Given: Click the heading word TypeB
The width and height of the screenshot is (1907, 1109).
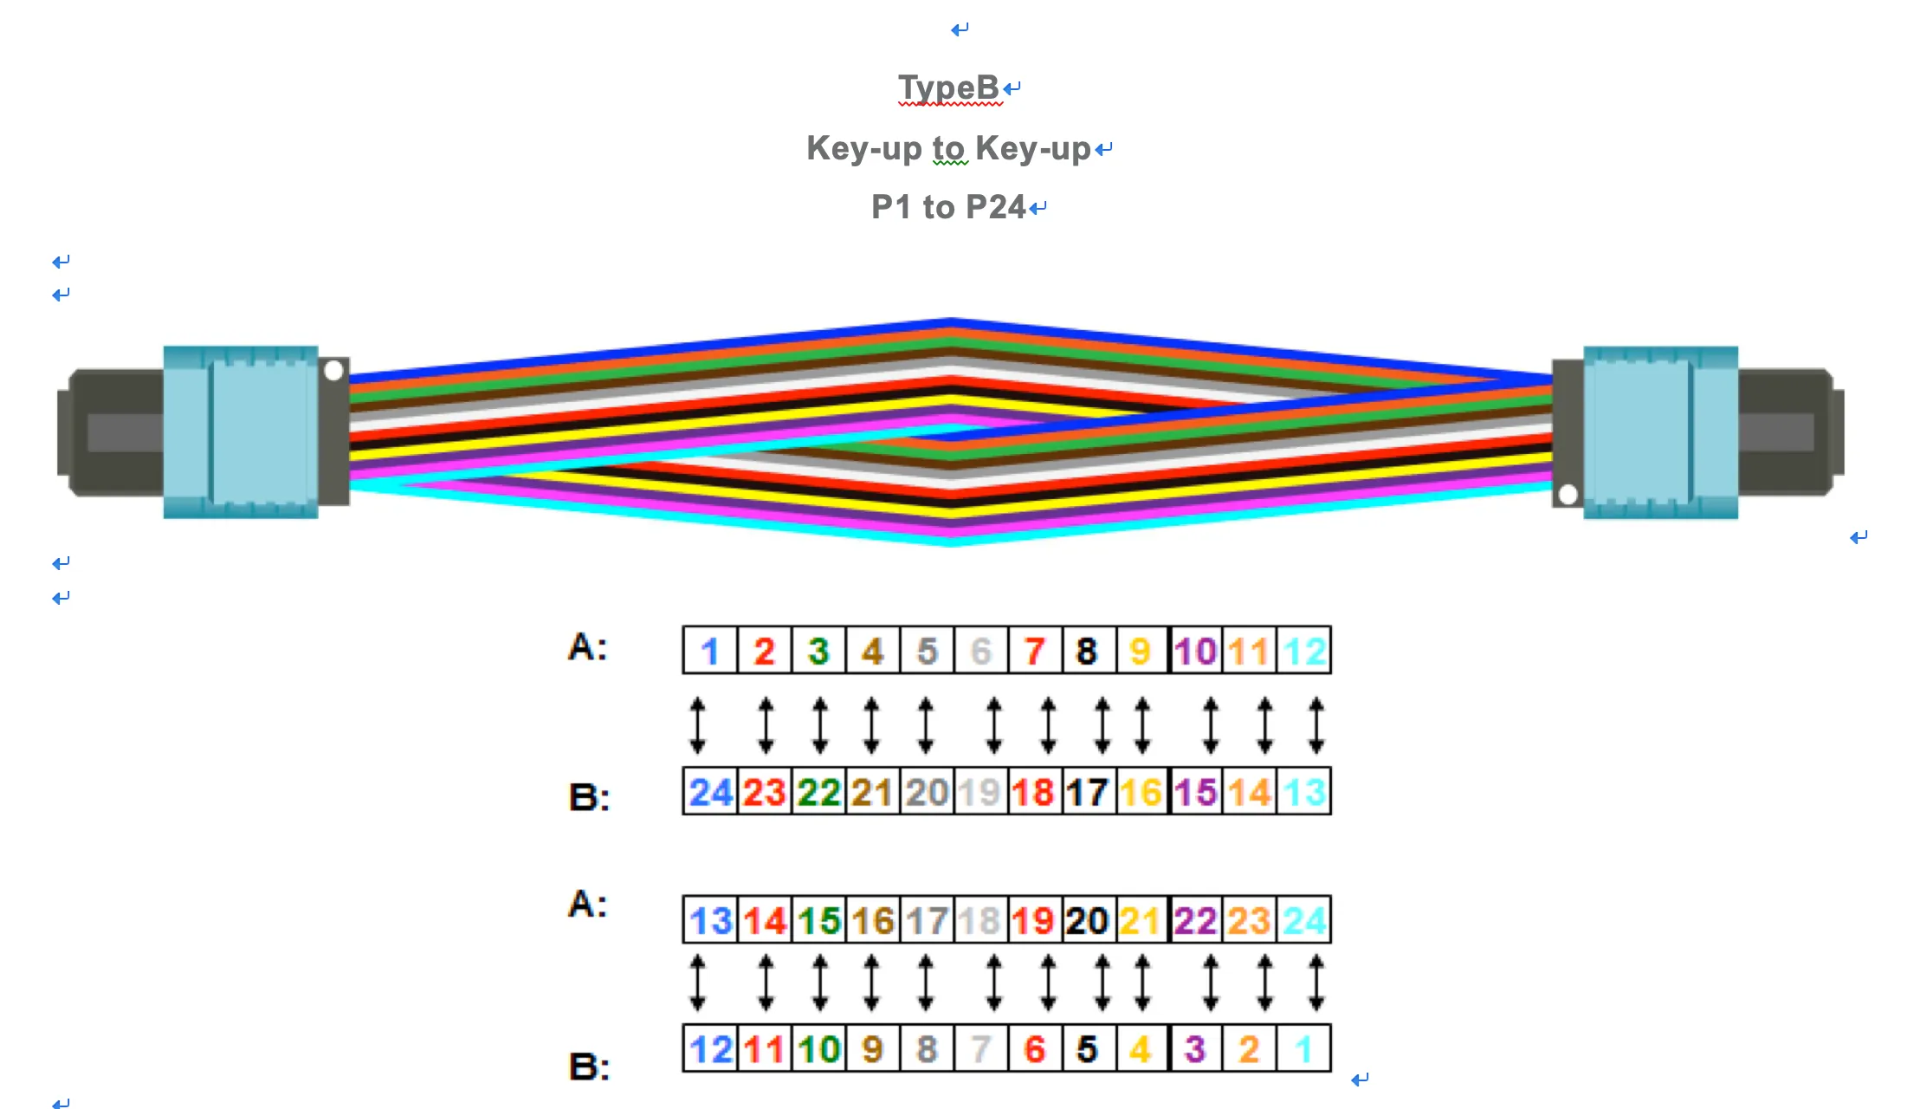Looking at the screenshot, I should click(x=948, y=88).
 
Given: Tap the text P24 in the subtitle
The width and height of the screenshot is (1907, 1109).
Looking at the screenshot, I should click(x=995, y=207).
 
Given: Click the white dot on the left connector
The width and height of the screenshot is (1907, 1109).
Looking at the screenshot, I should click(x=333, y=371).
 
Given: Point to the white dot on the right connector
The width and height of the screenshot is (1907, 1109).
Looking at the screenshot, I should click(x=1568, y=495).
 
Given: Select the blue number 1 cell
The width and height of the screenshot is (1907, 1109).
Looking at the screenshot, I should click(x=710, y=651).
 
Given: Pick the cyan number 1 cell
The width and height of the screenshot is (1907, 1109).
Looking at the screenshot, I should click(x=1303, y=1049).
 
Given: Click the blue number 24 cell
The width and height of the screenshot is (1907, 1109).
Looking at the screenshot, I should click(x=711, y=792).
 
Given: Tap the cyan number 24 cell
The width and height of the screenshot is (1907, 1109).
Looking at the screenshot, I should click(x=1304, y=920).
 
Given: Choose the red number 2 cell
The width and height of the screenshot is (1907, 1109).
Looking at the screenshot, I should click(x=764, y=651).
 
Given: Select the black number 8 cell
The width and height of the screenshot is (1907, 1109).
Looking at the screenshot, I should click(x=1087, y=651).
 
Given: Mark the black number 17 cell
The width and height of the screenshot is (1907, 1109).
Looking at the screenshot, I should click(x=1087, y=792).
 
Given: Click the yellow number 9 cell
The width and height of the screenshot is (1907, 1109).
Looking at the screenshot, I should click(x=1141, y=651).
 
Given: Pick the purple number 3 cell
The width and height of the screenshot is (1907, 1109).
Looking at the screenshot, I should click(x=1195, y=1049).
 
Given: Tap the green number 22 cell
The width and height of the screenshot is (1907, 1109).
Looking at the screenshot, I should click(x=818, y=792).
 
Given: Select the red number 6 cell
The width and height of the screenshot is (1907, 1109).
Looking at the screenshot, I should click(x=1034, y=1049).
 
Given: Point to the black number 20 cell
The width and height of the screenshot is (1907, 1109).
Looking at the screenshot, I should click(x=1087, y=920).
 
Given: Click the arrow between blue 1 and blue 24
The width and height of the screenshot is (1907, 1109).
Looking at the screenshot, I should click(x=697, y=725).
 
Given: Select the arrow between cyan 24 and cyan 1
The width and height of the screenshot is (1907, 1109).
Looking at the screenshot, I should click(x=1316, y=983).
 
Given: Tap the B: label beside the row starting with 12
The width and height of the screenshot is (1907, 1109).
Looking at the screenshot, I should click(x=589, y=1066).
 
